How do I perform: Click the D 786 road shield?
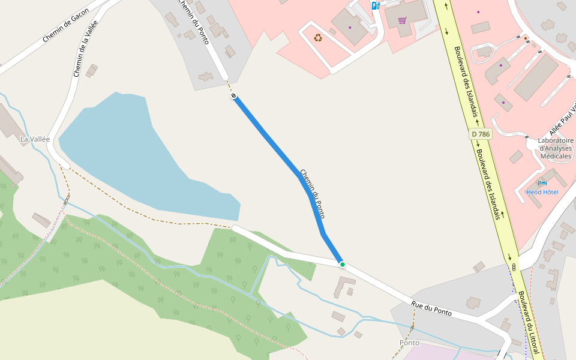click(481, 134)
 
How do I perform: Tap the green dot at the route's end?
click(342, 264)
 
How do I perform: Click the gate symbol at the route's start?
click(233, 96)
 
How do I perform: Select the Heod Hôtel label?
click(542, 192)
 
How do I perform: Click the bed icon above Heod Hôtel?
click(542, 182)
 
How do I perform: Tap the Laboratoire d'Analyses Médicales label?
click(556, 148)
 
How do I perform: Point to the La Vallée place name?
click(35, 139)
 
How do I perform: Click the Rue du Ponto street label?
click(431, 308)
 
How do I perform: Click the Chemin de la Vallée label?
click(85, 49)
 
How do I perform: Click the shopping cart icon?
click(402, 21)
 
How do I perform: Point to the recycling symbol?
click(318, 38)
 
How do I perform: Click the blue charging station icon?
click(375, 6)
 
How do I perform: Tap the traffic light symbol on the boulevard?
click(514, 266)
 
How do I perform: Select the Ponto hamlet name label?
click(409, 343)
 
